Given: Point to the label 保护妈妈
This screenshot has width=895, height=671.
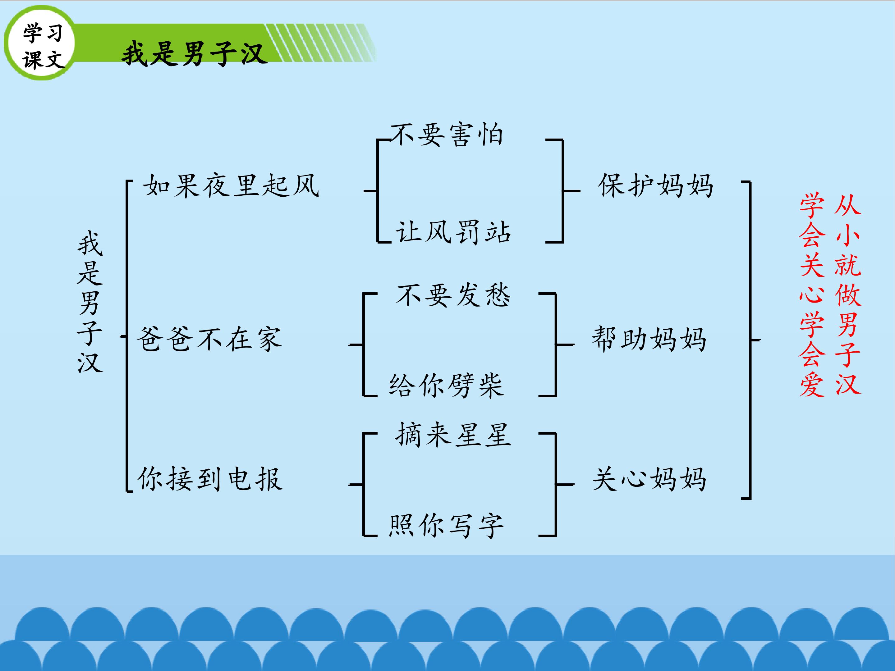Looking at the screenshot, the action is point(655,186).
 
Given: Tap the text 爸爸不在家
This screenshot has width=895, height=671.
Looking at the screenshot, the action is point(209,339).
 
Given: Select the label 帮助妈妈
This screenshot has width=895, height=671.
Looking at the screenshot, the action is point(649,339).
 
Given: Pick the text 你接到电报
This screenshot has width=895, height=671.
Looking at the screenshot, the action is point(209,479).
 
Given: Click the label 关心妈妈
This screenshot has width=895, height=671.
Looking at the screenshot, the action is point(649,479).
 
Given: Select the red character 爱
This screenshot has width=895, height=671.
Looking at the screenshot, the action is point(812,384).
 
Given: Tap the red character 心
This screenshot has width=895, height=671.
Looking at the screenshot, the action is point(812,295).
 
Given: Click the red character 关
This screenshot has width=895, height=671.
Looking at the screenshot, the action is point(812,265).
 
